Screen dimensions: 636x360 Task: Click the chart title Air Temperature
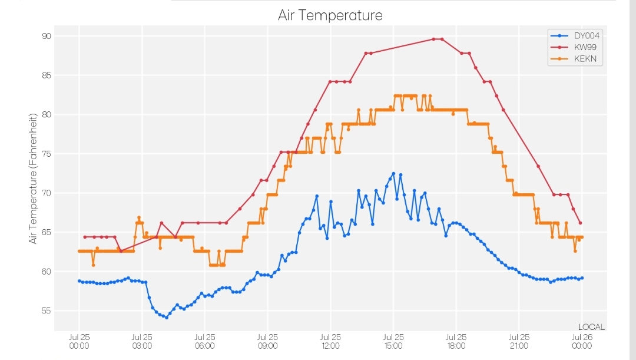click(330, 15)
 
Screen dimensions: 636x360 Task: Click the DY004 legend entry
click(575, 36)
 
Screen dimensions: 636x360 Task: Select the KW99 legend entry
click(574, 47)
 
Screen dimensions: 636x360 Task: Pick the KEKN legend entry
click(574, 59)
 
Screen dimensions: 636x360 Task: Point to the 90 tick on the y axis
click(47, 36)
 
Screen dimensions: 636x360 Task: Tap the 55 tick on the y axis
click(47, 311)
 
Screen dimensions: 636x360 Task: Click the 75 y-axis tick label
click(47, 154)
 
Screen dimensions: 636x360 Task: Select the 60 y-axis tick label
click(47, 272)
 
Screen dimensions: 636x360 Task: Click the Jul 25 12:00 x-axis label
click(330, 341)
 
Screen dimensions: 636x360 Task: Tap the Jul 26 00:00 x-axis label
click(582, 341)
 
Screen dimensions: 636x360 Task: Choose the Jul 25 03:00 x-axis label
click(142, 341)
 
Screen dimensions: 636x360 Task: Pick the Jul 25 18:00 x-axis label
click(456, 341)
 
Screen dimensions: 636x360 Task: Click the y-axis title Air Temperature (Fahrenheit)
click(33, 179)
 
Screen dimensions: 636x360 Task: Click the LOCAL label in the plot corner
click(591, 327)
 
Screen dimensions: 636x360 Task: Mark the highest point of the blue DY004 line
click(393, 174)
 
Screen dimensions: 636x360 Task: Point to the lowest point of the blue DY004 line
click(166, 318)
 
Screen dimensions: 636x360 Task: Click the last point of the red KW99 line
click(581, 223)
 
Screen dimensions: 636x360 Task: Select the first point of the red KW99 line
click(85, 237)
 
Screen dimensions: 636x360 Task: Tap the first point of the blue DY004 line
click(79, 281)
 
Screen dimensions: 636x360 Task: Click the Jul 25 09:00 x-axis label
click(268, 341)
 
